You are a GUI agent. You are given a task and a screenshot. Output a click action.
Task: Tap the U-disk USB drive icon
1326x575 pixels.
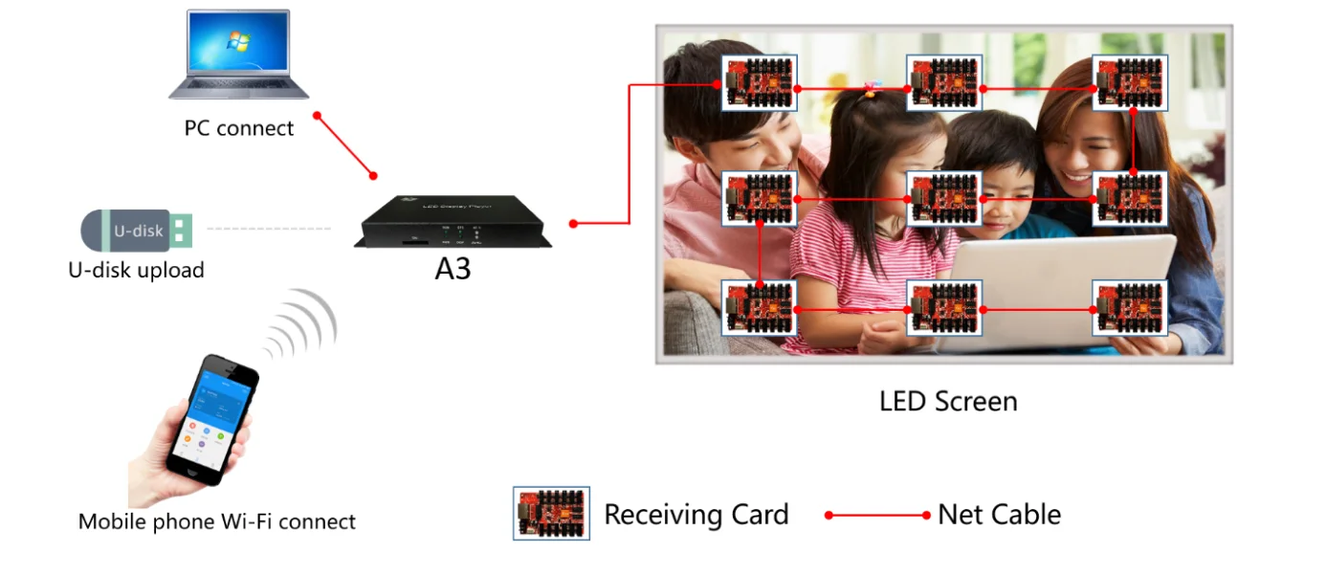[138, 231]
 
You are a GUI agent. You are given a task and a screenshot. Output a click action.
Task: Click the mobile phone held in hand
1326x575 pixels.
[211, 420]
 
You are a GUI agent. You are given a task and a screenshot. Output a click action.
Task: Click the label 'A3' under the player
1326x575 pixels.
[453, 270]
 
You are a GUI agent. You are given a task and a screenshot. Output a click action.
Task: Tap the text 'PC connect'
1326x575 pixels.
[239, 128]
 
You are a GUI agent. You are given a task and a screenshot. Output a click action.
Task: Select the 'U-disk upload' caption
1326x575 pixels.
[136, 271]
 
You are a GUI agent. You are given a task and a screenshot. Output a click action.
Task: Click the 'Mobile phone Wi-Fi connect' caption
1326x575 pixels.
[216, 522]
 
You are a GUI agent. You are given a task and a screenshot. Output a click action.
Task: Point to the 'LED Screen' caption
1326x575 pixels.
[948, 401]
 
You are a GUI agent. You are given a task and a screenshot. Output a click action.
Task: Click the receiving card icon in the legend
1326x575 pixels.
[551, 514]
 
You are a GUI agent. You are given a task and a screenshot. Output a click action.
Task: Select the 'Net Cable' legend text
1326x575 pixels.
[999, 515]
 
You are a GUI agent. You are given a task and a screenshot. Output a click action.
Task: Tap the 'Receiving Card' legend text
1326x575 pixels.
[696, 515]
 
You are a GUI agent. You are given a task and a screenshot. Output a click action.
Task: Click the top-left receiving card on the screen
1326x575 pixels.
[759, 83]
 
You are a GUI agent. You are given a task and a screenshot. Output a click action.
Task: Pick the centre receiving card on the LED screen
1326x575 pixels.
[944, 198]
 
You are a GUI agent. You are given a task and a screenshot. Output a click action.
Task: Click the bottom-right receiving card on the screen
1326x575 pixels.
[1130, 308]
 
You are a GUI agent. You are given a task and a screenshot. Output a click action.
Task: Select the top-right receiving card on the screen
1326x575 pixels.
[1130, 83]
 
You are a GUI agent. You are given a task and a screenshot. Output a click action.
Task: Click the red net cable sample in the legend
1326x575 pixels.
[877, 516]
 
